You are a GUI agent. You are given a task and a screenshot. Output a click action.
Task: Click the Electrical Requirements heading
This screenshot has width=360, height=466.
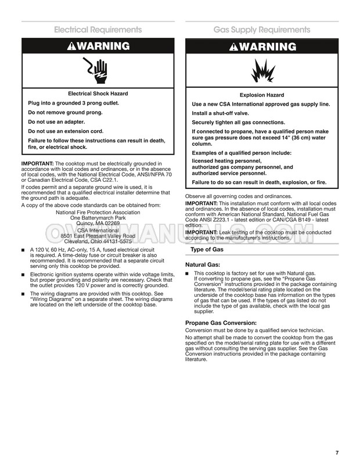[x=98, y=30]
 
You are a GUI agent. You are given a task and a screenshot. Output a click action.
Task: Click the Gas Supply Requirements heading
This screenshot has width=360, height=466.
[x=261, y=30]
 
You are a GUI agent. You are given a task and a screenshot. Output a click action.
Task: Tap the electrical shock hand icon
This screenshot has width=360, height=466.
[x=98, y=70]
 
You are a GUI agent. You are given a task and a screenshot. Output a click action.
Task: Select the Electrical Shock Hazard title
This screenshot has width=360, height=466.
[x=98, y=94]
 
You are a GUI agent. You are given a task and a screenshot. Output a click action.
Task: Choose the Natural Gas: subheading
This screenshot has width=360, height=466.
[x=203, y=264]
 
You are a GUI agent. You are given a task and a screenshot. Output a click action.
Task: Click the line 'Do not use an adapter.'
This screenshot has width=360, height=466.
[x=56, y=121]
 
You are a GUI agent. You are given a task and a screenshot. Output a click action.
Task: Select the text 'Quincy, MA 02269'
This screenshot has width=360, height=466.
[x=98, y=223]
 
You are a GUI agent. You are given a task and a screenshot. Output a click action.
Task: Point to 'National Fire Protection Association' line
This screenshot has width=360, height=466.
[x=98, y=212]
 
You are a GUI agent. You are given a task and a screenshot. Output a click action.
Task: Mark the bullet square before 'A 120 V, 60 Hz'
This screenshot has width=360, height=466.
[x=23, y=249]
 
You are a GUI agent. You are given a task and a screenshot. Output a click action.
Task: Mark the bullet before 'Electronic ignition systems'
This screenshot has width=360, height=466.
[x=23, y=273]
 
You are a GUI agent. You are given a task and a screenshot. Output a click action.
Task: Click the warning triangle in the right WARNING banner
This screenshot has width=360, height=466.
[x=235, y=47]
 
